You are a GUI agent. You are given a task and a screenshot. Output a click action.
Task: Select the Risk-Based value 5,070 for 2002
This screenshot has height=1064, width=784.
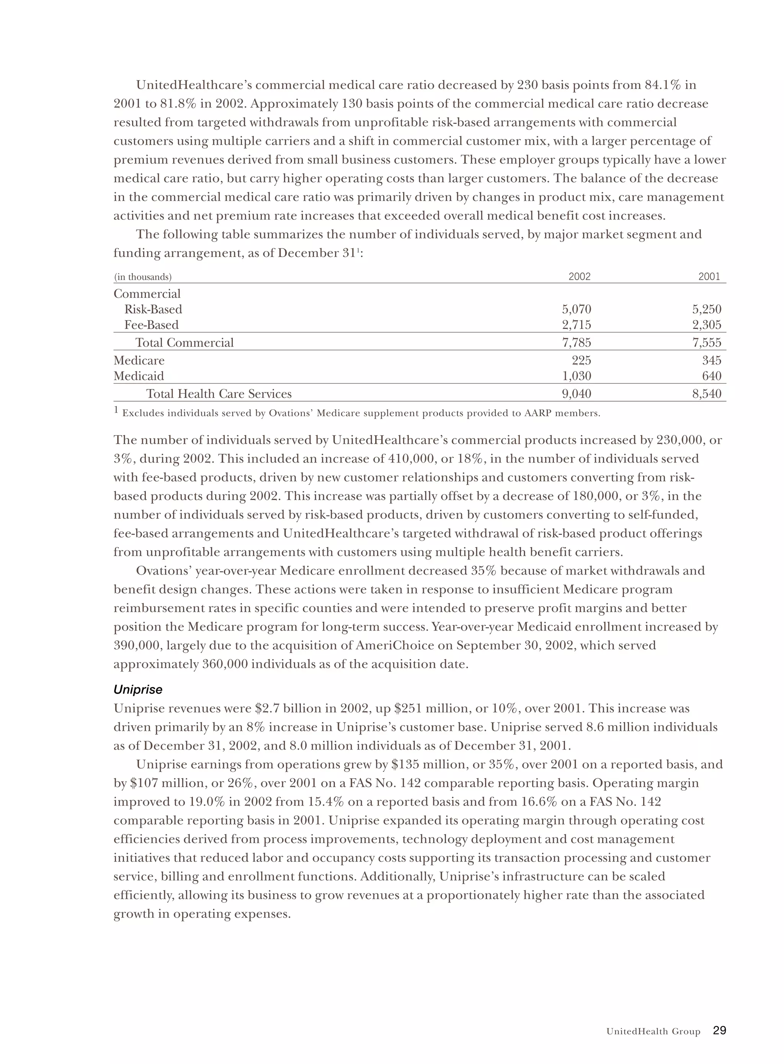click(x=577, y=309)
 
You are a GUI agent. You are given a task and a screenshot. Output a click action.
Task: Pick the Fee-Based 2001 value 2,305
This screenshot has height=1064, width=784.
click(x=707, y=325)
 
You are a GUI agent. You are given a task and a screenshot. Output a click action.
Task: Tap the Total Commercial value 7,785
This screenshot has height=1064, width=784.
click(x=577, y=343)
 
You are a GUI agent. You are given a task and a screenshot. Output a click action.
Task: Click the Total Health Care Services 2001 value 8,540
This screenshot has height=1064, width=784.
click(x=707, y=394)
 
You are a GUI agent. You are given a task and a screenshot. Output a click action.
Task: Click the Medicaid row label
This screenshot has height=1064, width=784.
click(x=139, y=376)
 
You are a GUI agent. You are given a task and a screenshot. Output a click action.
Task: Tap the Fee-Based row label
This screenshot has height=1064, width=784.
click(x=151, y=325)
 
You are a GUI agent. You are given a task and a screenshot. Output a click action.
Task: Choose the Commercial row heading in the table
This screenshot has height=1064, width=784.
click(x=147, y=294)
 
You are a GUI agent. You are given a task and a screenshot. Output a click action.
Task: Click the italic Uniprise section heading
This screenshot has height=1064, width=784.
click(x=138, y=690)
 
